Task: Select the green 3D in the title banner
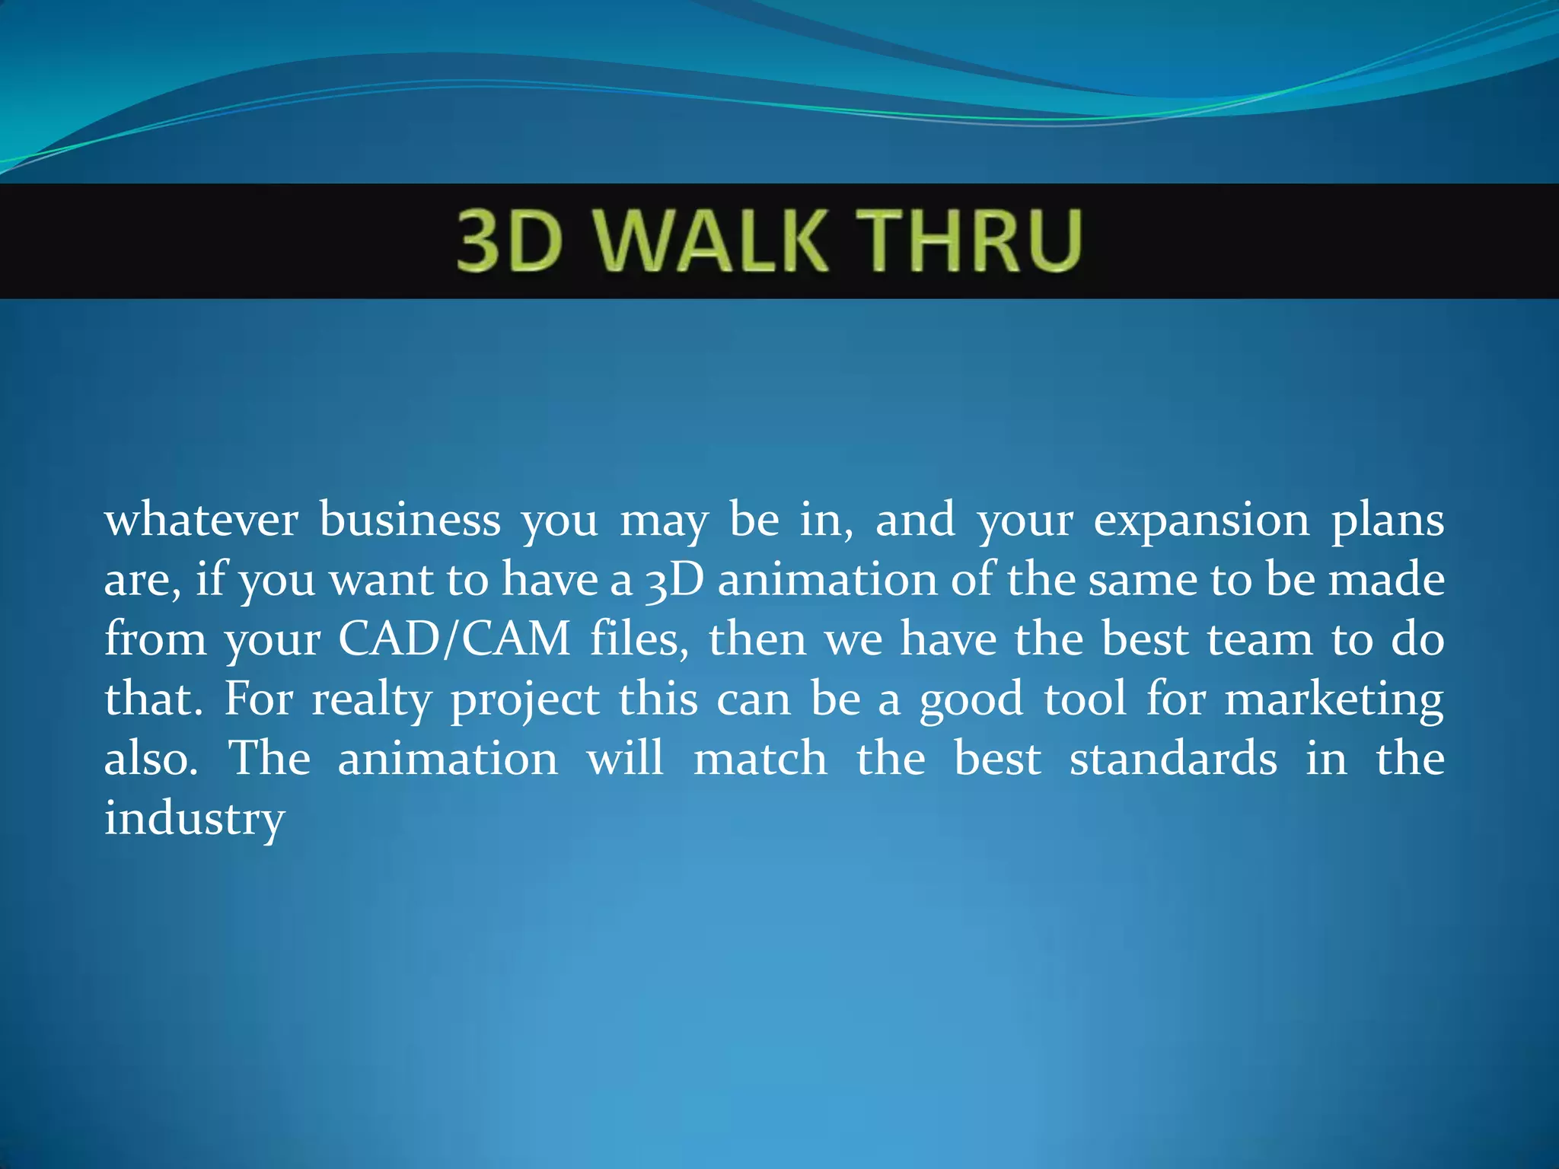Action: pos(509,242)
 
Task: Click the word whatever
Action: pos(201,521)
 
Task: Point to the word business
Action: pos(410,521)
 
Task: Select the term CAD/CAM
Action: pos(454,639)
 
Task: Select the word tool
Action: pos(1085,699)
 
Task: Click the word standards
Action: pos(1173,759)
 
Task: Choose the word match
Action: pos(760,759)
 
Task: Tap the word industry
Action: pos(194,820)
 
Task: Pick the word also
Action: pos(151,759)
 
